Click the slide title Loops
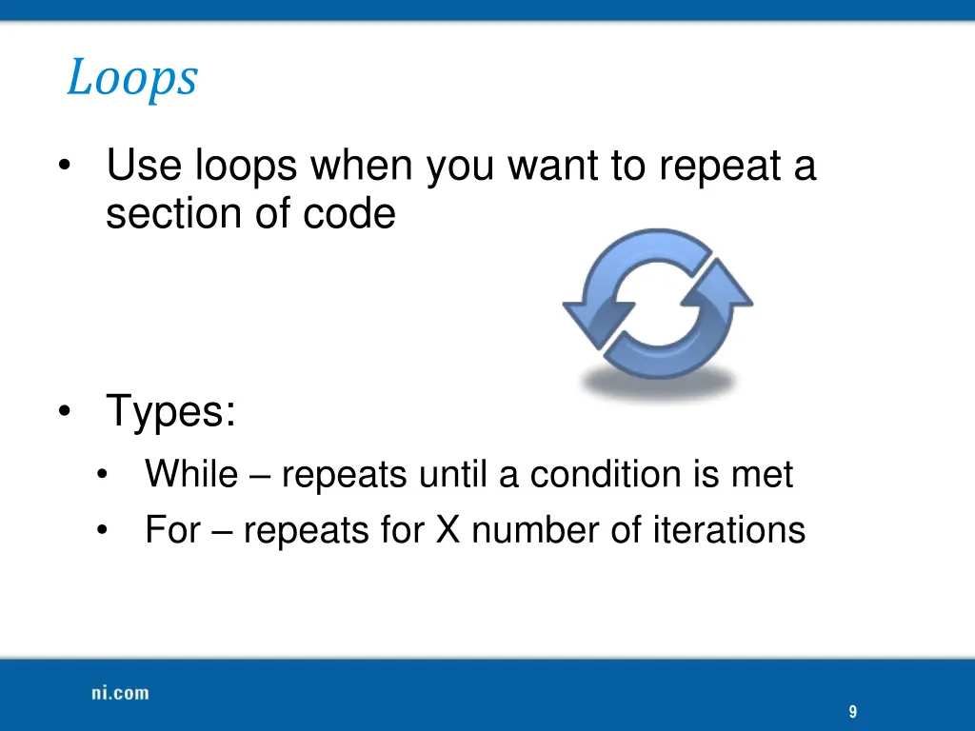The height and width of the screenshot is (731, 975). point(131,78)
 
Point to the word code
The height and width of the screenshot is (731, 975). point(349,214)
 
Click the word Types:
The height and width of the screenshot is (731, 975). point(171,412)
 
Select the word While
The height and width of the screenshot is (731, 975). point(190,474)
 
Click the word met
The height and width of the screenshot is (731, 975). point(762,474)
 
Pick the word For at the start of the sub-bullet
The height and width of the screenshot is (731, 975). point(171,530)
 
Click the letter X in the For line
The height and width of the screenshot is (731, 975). point(448,530)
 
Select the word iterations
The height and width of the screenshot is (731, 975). point(728,530)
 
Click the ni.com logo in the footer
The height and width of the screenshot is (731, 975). point(120,693)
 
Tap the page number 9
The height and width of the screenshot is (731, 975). point(852,712)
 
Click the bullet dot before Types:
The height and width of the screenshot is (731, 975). point(65,413)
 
